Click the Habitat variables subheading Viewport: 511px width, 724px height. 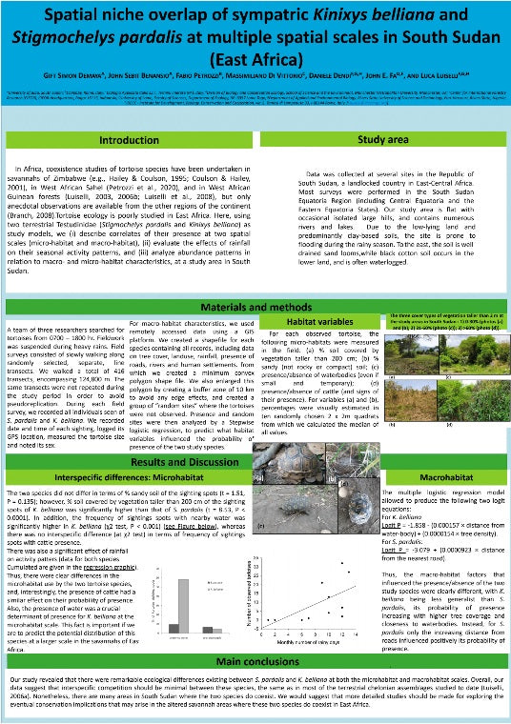(323, 295)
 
